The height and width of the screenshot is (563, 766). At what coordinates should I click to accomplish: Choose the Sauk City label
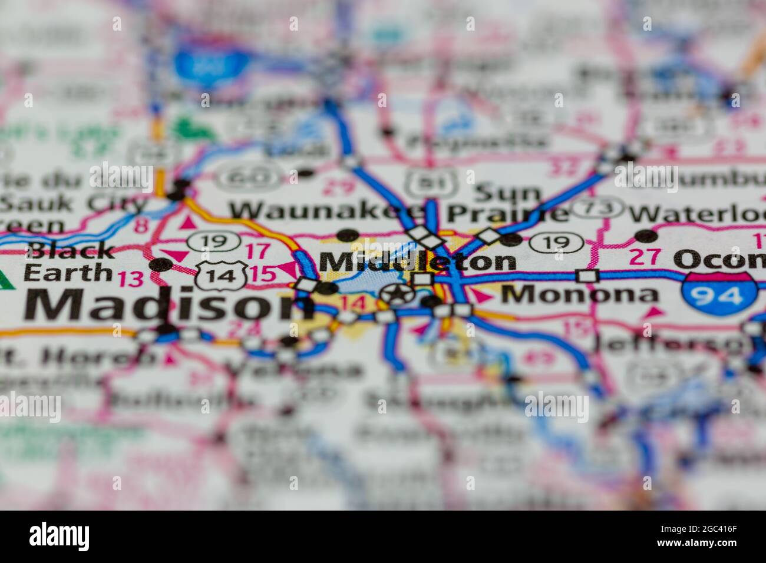pyautogui.click(x=74, y=203)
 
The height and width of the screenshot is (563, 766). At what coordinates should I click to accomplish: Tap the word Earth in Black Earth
pyautogui.click(x=68, y=272)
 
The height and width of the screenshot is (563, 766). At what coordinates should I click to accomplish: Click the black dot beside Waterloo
pyautogui.click(x=646, y=236)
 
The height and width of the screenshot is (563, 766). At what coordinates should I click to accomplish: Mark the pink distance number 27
pyautogui.click(x=643, y=257)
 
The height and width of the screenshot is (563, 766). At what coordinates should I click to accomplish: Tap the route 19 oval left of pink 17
pyautogui.click(x=213, y=240)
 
